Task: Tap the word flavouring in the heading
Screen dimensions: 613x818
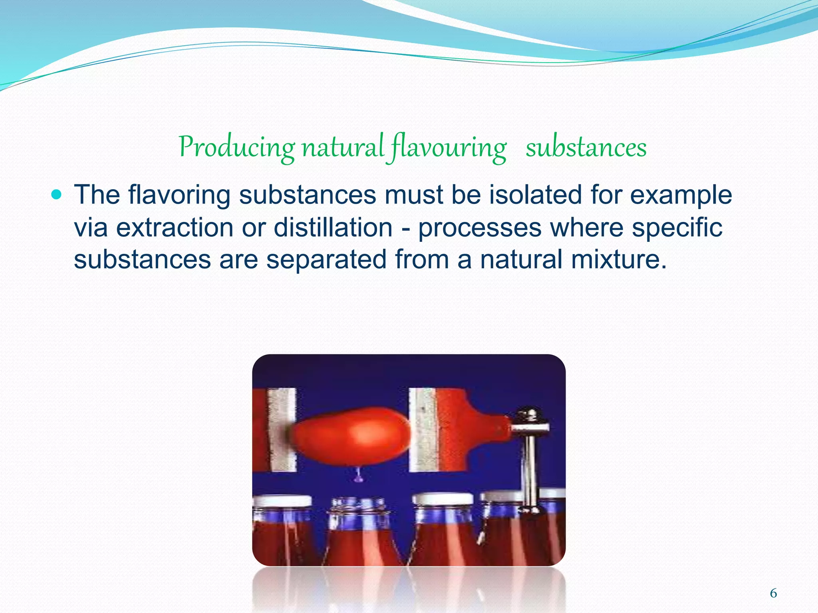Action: (449, 148)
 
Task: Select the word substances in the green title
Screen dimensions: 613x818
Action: (586, 148)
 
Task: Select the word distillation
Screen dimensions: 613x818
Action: (333, 227)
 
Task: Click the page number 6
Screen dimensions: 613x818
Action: (773, 593)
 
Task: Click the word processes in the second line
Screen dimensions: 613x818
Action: (480, 227)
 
